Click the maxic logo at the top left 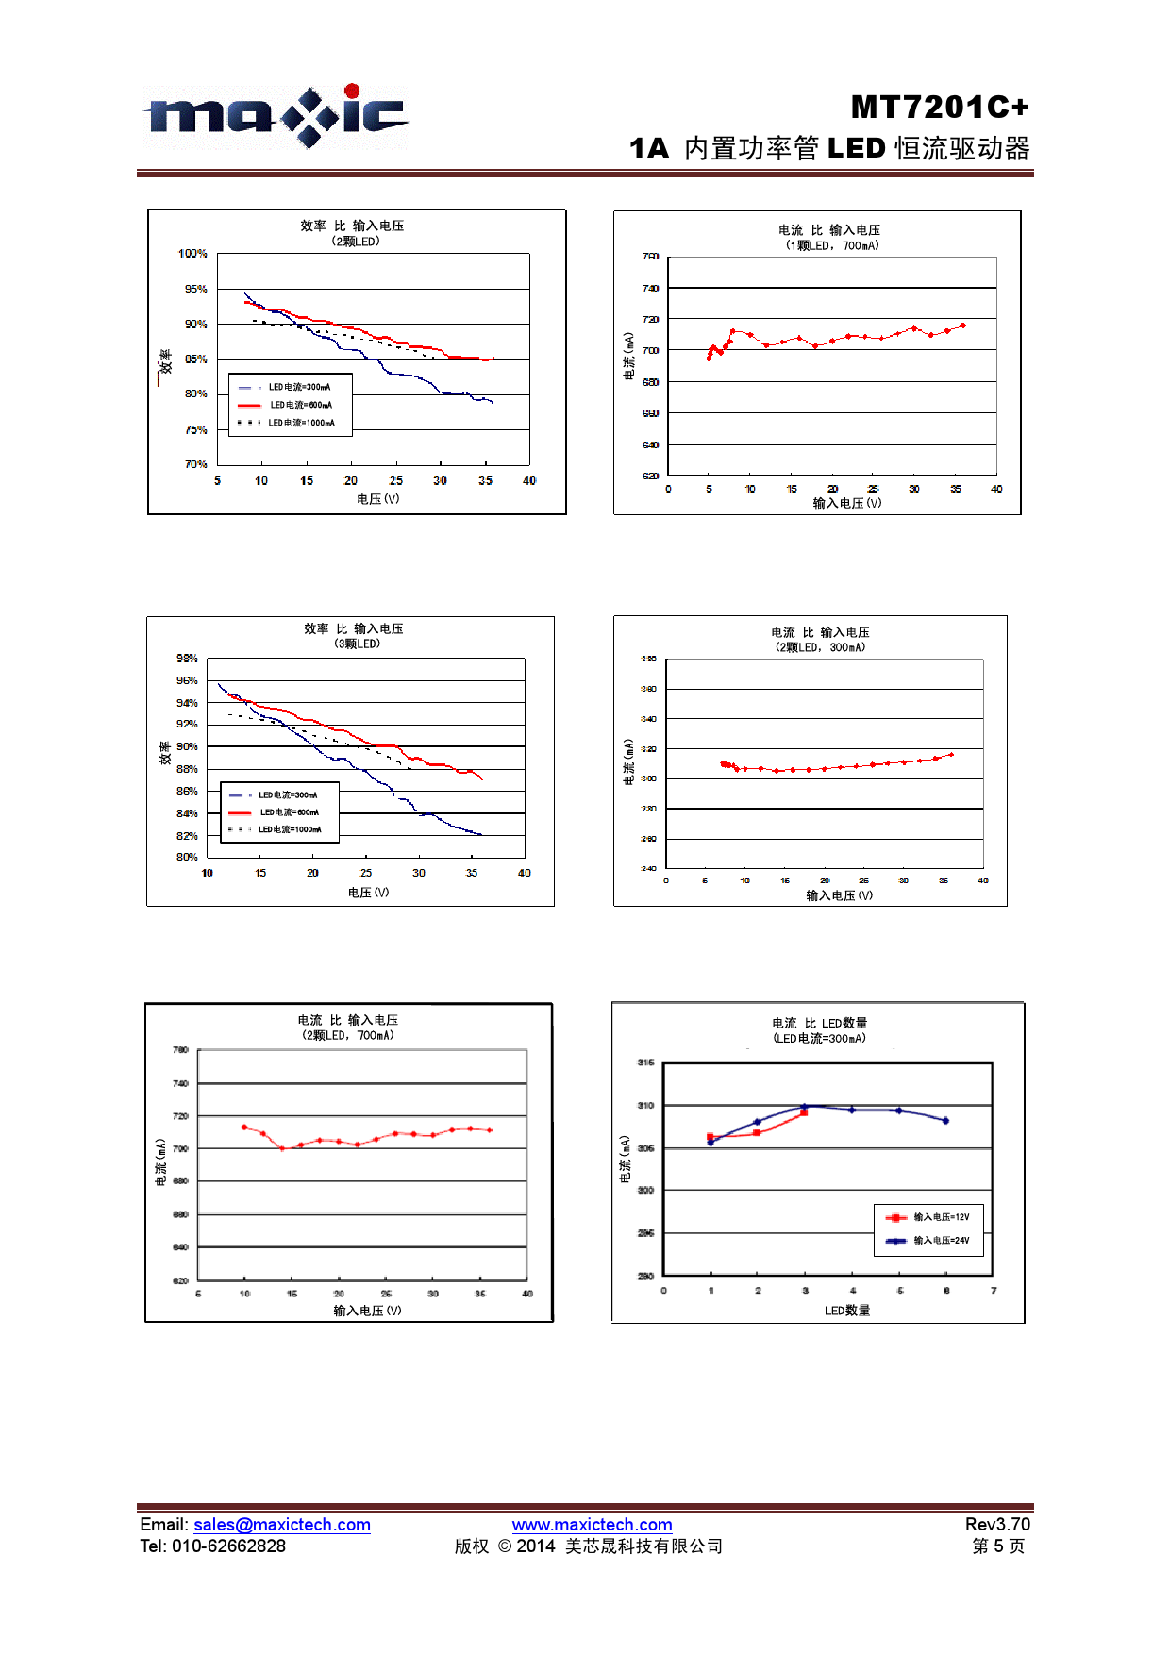[276, 117]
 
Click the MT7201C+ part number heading [939, 108]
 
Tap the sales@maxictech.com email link [281, 1525]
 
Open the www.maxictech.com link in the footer [592, 1525]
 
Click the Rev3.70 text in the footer [997, 1525]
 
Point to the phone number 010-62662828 [228, 1546]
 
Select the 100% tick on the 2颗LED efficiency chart [192, 254]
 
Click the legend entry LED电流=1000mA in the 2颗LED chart [301, 423]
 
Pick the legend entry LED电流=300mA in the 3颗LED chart [288, 795]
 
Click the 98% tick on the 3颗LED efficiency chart [187, 659]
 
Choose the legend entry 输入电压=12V [941, 1217]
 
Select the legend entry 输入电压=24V [941, 1241]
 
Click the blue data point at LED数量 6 [945, 1121]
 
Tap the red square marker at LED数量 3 [804, 1113]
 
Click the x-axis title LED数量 [847, 1311]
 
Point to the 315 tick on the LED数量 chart [645, 1063]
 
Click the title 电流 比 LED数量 [819, 1024]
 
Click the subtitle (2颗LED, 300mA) [820, 648]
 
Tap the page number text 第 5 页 [998, 1546]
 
